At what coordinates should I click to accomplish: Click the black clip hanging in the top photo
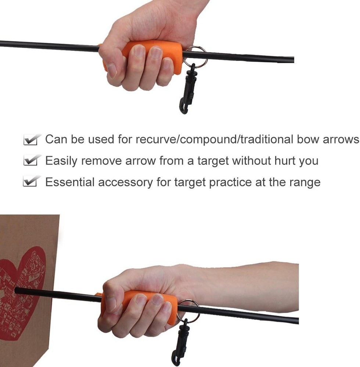click(188, 90)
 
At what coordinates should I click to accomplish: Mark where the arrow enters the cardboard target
click(17, 290)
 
